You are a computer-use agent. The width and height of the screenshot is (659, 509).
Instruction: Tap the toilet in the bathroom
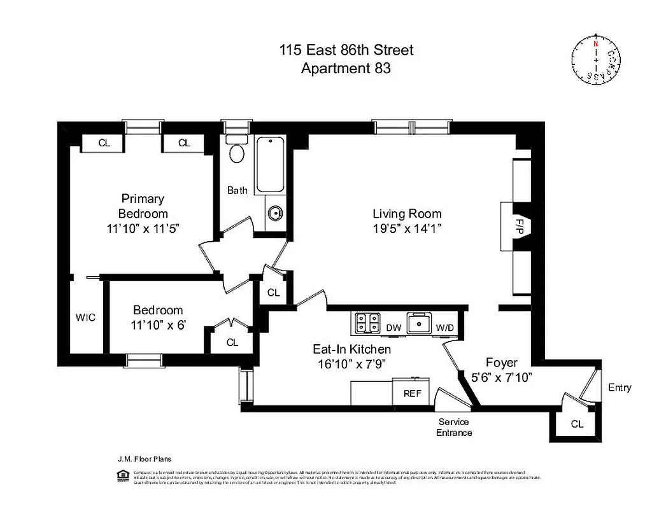237,151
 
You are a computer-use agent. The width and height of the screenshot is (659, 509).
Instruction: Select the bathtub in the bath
272,165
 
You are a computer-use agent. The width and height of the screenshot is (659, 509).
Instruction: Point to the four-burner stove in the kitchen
366,323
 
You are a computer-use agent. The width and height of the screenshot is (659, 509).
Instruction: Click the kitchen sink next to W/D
418,323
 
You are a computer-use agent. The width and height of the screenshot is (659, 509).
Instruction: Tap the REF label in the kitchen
413,393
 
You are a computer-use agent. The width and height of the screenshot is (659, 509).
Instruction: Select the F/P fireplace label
519,226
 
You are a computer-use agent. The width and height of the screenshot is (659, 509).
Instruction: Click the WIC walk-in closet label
85,317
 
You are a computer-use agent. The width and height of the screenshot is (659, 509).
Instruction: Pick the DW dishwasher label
393,328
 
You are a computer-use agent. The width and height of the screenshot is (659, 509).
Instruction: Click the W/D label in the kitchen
444,328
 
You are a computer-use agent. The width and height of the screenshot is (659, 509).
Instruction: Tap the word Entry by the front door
620,387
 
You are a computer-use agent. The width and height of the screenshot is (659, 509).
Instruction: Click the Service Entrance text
454,427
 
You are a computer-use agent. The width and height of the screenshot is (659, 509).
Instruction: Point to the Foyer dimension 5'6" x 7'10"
502,377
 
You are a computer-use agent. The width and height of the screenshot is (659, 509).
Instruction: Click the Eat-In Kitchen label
351,349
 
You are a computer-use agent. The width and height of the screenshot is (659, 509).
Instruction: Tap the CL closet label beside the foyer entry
576,424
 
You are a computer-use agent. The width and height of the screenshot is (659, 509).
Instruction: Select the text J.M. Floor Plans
144,458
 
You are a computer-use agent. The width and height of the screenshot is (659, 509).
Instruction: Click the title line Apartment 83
345,68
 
